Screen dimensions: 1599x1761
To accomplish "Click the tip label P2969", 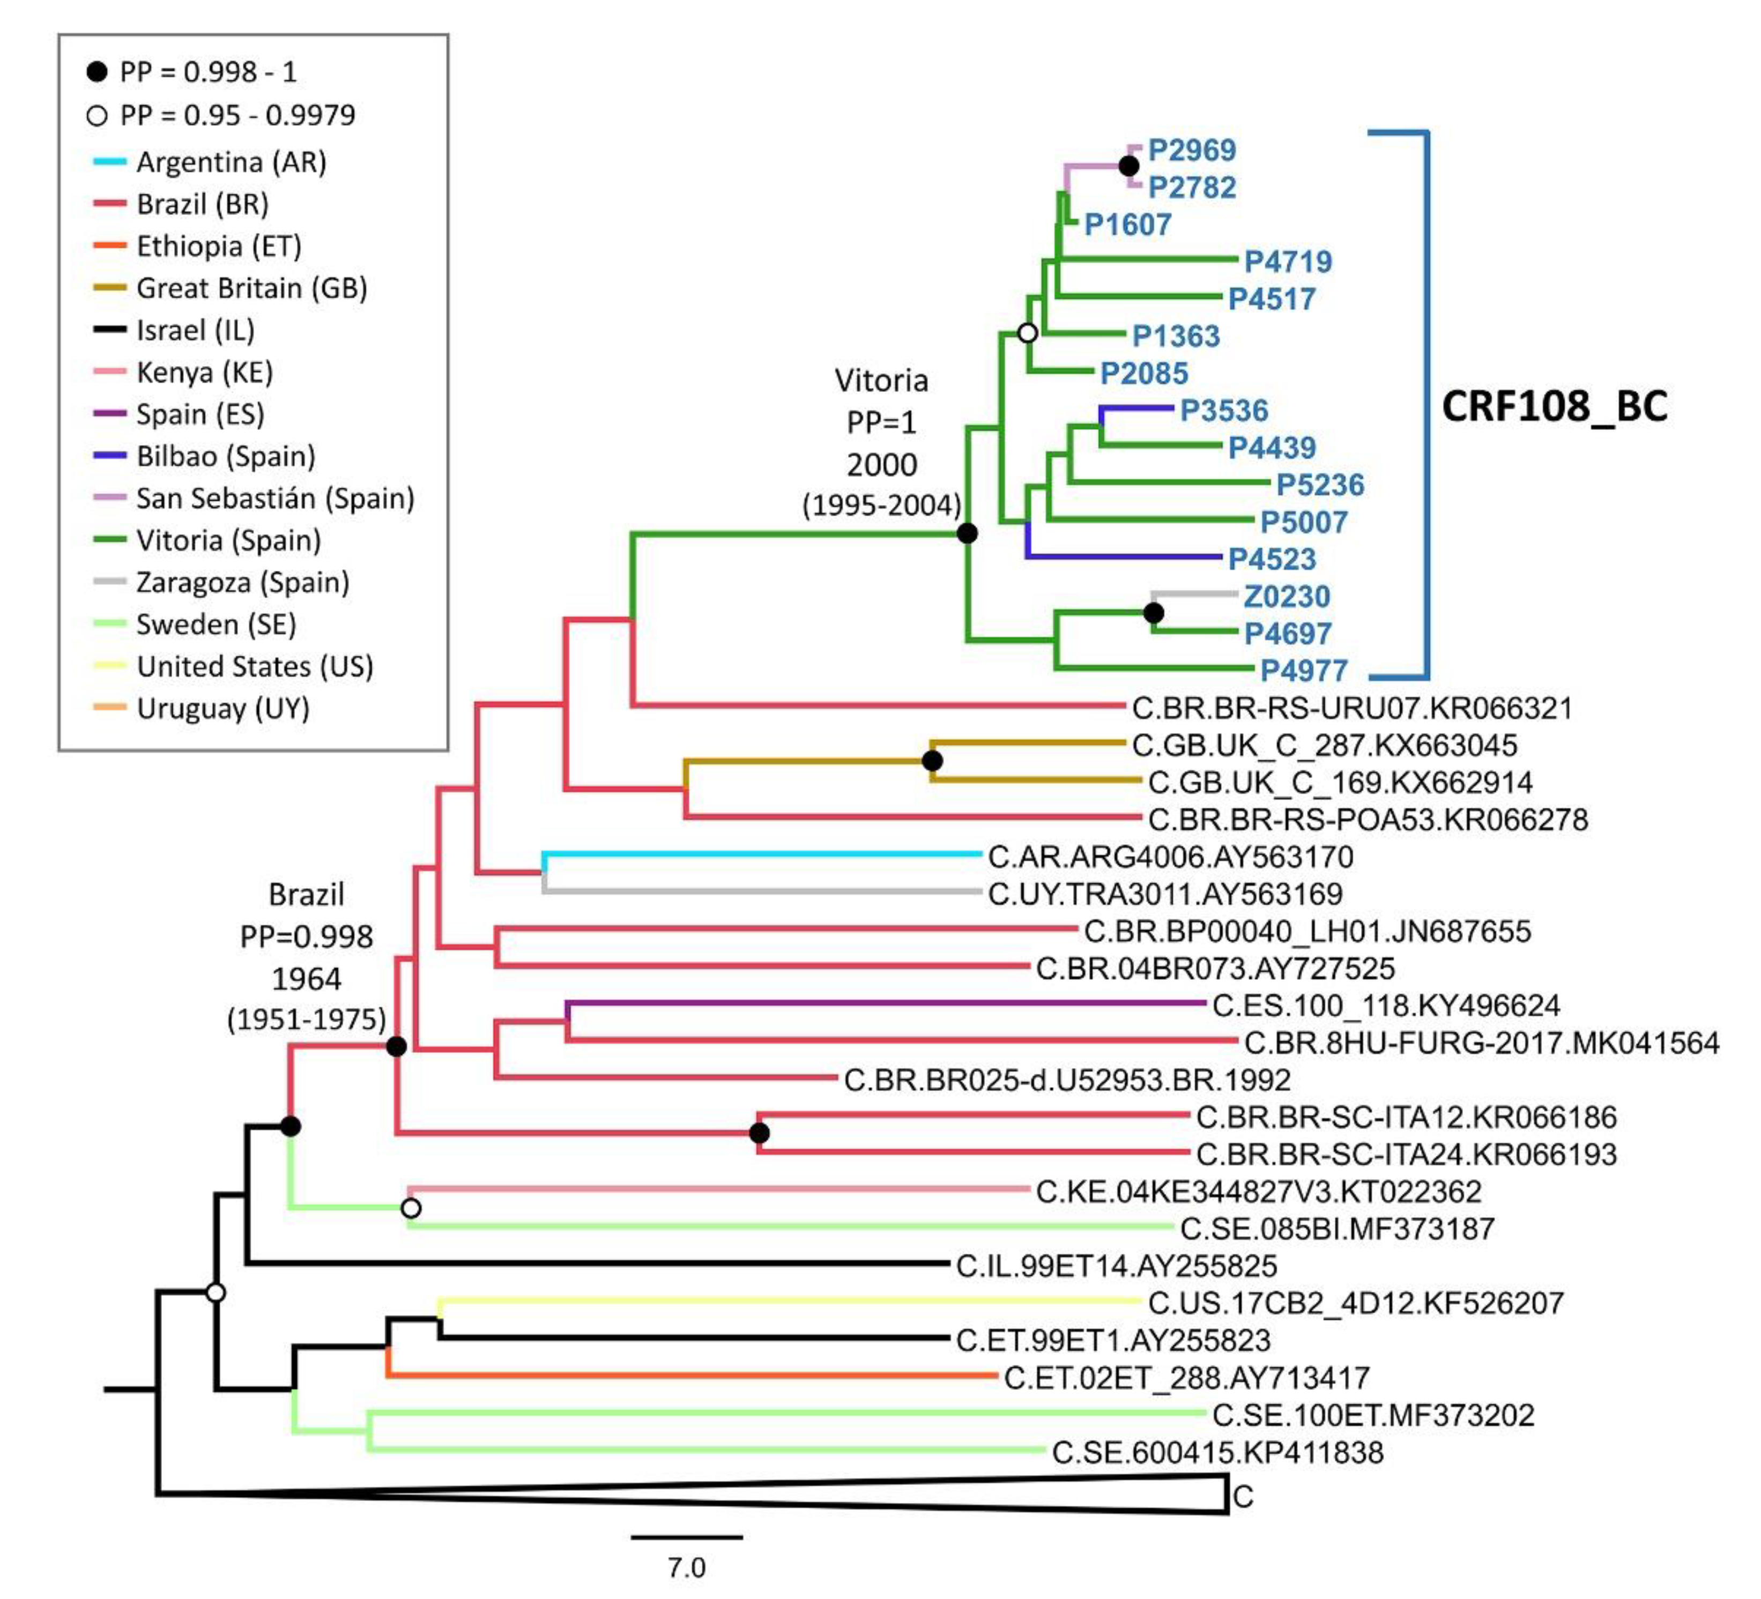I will pos(1192,150).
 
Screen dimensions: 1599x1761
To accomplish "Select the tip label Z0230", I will pos(1287,597).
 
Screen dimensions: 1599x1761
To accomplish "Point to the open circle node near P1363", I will pos(1028,333).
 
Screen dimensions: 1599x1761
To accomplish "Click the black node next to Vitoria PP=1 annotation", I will pos(967,533).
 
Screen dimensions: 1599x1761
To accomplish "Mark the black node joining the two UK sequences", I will pos(932,761).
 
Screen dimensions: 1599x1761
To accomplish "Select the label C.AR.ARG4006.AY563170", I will pos(1170,857).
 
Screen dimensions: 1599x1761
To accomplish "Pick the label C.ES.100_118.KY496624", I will pos(1385,1006).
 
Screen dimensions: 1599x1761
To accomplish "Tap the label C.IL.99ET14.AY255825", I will pos(1116,1266).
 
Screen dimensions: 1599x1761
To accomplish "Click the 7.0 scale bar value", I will pos(687,1567).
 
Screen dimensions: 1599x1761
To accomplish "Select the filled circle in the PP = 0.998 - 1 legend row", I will pos(97,72).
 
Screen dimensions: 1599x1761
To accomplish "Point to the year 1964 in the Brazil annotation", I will pos(306,979).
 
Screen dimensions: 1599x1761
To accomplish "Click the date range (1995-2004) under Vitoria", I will pos(881,505).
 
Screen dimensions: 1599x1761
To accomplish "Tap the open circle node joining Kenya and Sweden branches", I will pos(411,1209).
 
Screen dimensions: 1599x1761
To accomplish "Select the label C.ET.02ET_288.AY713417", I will pos(1186,1378).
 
